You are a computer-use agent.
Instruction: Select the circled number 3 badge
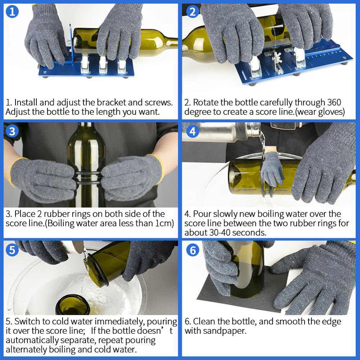coord(12,131)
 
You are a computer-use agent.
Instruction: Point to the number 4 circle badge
coord(193,131)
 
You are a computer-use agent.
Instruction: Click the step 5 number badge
coord(12,249)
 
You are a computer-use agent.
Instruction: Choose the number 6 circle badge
coord(193,249)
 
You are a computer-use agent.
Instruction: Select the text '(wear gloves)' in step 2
coord(318,112)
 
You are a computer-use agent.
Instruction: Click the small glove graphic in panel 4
coord(272,169)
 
